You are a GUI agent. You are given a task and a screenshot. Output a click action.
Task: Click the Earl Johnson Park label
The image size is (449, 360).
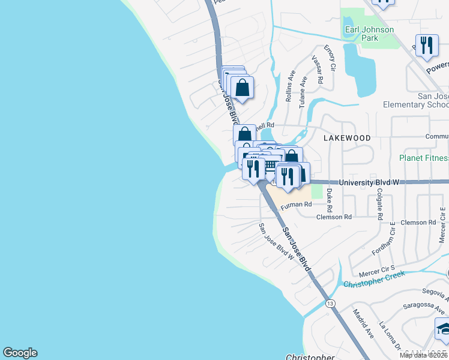click(x=369, y=34)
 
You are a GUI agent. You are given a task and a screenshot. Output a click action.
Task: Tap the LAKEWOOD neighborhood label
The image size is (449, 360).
click(x=347, y=137)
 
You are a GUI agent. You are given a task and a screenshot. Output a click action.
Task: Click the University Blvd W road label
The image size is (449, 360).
click(x=369, y=182)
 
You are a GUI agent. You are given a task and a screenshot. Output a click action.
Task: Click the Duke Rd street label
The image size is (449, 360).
click(x=330, y=197)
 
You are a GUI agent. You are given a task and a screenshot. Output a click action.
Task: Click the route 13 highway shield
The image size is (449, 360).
click(x=330, y=304)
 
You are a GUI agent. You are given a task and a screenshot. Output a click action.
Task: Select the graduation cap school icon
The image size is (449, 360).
click(x=443, y=329)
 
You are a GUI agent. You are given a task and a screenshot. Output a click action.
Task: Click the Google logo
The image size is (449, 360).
click(x=20, y=353)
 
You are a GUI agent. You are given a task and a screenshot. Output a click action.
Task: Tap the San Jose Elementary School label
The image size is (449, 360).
click(x=416, y=100)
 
